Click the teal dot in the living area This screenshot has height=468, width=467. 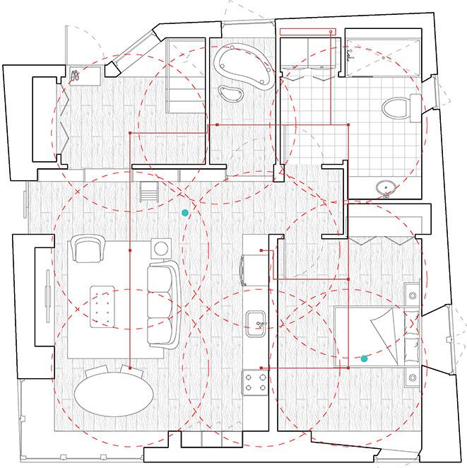(185, 212)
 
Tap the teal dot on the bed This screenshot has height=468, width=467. (364, 359)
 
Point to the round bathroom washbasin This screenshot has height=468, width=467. (385, 188)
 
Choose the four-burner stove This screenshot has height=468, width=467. (254, 384)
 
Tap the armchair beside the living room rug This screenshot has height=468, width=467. (86, 249)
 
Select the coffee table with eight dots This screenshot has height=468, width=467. (104, 305)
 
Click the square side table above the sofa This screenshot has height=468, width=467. (162, 248)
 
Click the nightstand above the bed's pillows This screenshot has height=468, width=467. (410, 291)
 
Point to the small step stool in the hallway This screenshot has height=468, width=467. (150, 191)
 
